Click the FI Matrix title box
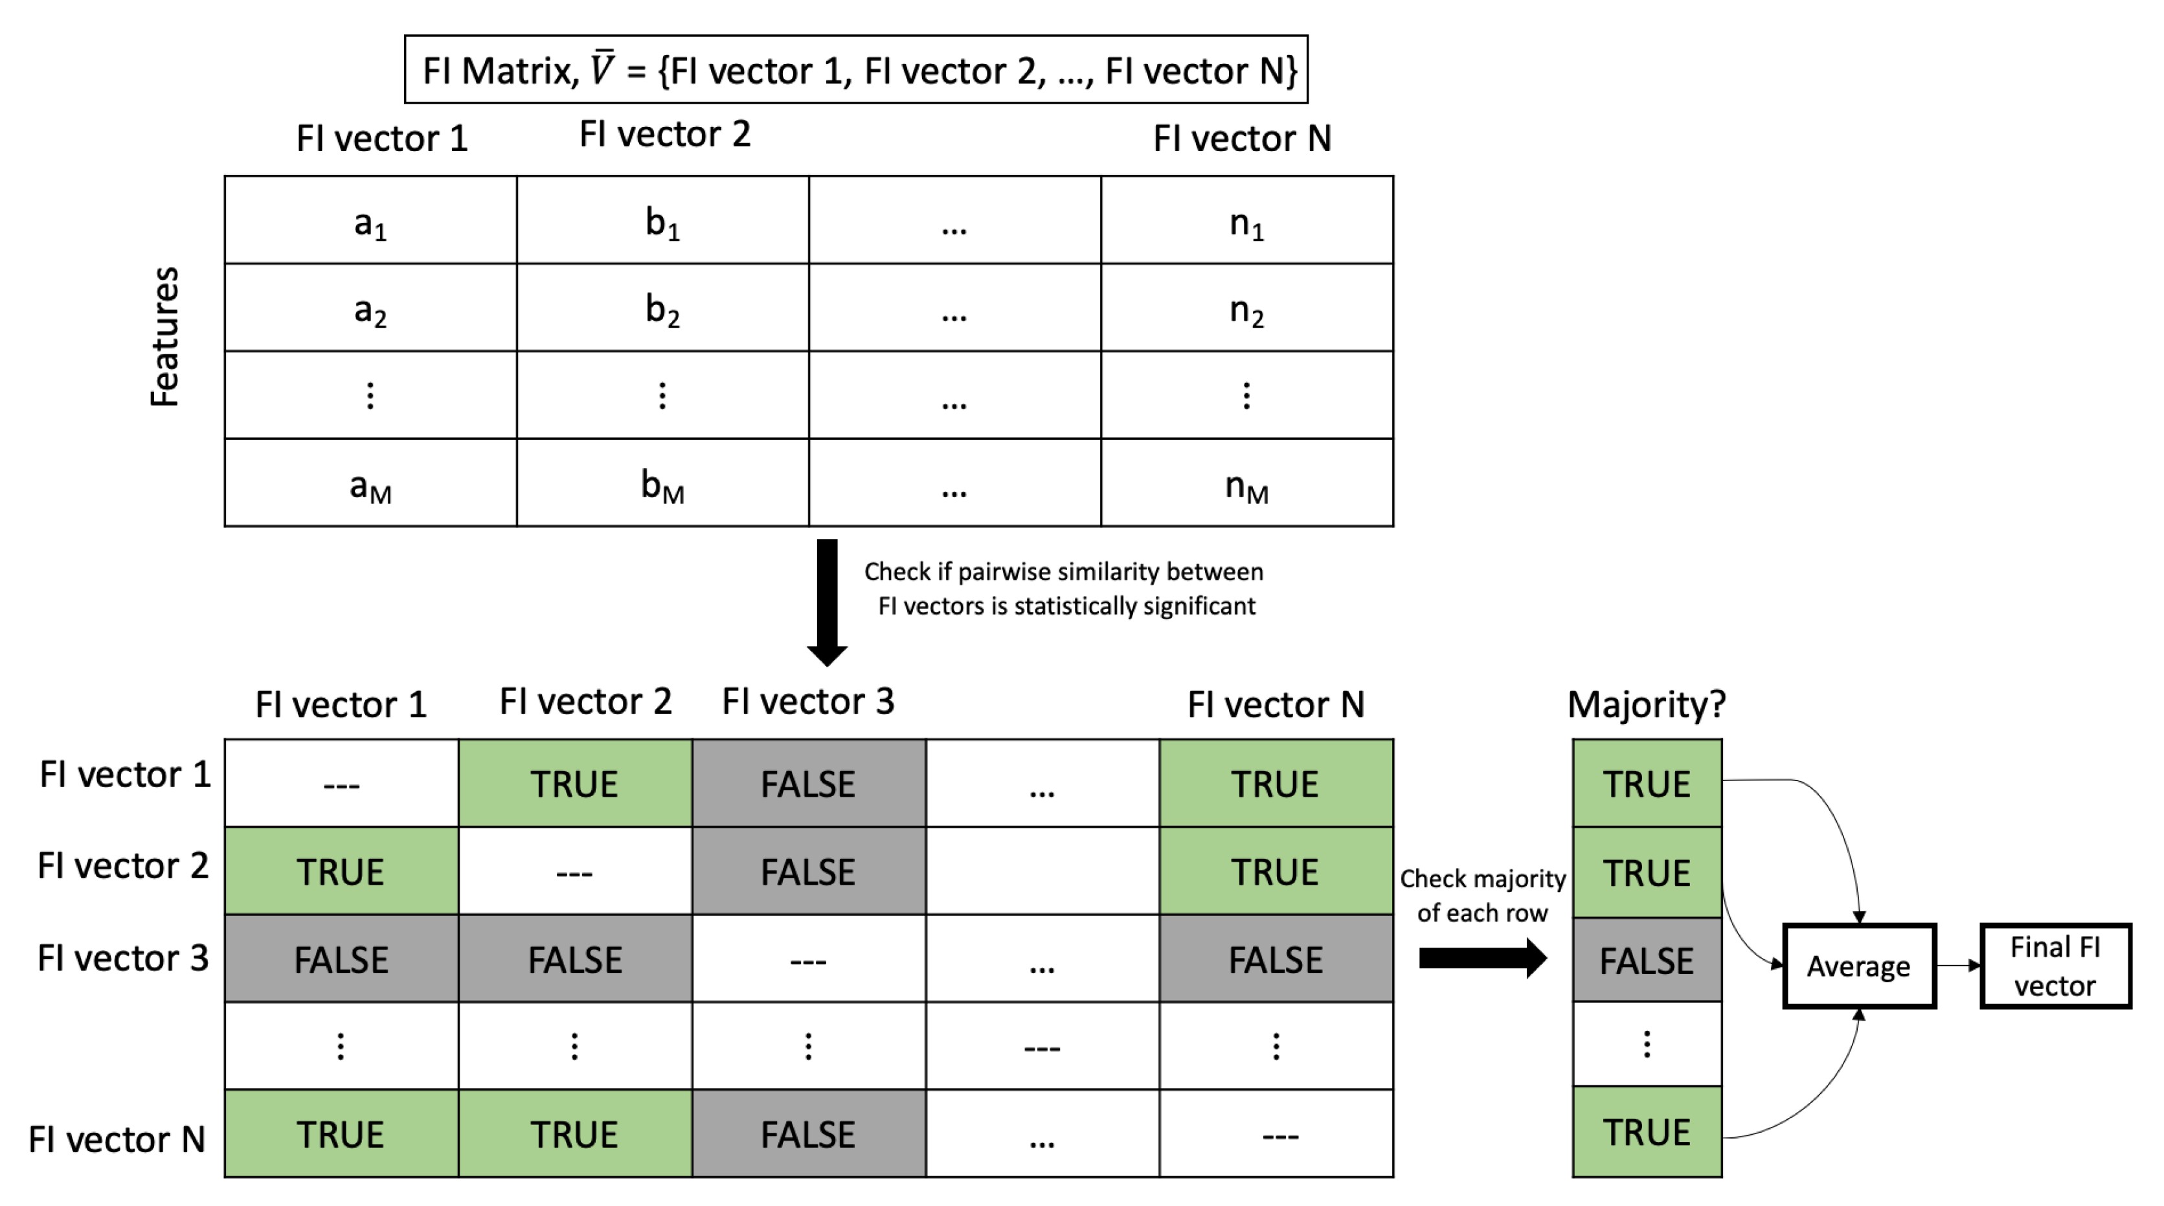coord(855,70)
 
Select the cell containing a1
coord(370,220)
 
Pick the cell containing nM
coord(1246,483)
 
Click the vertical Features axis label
coord(164,336)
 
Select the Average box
coord(1859,966)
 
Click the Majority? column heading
coord(1647,704)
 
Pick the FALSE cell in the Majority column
coord(1647,960)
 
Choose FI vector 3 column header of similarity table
coord(808,701)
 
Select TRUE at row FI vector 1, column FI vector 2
coord(574,783)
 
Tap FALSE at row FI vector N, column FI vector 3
coord(808,1133)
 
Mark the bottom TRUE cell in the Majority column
coord(1647,1132)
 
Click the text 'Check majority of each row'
coord(1482,896)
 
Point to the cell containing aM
coord(370,483)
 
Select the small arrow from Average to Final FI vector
coord(1958,966)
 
